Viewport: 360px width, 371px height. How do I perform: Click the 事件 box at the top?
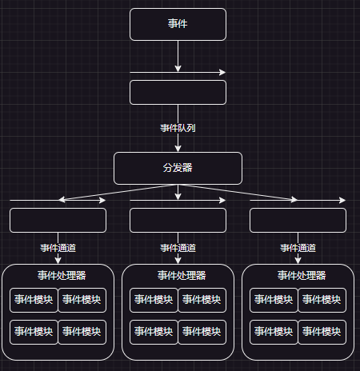178,24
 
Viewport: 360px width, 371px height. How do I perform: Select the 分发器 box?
178,168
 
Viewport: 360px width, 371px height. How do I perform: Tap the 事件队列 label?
178,128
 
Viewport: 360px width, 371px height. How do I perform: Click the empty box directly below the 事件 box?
178,92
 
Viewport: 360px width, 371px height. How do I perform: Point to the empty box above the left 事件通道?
58,220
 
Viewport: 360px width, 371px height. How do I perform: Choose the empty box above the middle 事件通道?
178,220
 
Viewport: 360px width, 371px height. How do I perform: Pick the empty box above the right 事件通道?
298,220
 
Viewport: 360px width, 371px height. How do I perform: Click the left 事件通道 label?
58,248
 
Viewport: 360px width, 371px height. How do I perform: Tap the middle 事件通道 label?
178,248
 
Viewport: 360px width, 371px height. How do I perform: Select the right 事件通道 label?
298,248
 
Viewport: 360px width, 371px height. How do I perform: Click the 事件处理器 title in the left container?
62,275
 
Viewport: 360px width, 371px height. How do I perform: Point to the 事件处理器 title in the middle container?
182,275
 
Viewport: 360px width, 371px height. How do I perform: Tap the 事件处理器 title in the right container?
302,275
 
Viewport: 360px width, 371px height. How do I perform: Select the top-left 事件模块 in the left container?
34,300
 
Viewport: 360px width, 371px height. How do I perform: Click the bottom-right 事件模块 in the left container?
82,332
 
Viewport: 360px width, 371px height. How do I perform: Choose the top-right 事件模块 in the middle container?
202,300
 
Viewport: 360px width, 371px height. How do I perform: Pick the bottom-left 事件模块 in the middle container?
154,332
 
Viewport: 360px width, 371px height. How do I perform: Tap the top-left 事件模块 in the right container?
274,300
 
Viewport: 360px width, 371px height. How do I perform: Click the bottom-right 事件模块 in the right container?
322,332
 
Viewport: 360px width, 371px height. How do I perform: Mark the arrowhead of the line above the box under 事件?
222,72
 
